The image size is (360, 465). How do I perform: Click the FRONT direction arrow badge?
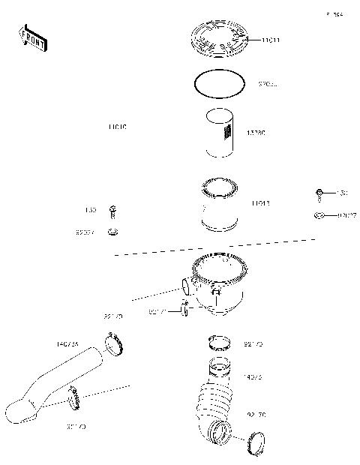(x=32, y=39)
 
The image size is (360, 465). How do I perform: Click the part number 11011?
(x=271, y=39)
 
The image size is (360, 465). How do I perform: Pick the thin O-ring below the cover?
(x=218, y=85)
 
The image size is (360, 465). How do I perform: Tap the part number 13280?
(x=256, y=133)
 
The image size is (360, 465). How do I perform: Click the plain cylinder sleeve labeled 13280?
(x=219, y=133)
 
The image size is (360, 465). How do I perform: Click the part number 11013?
(x=261, y=203)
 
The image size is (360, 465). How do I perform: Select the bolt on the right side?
(x=319, y=194)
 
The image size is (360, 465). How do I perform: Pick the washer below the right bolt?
(x=319, y=217)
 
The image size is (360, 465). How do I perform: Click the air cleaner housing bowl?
(x=219, y=281)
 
